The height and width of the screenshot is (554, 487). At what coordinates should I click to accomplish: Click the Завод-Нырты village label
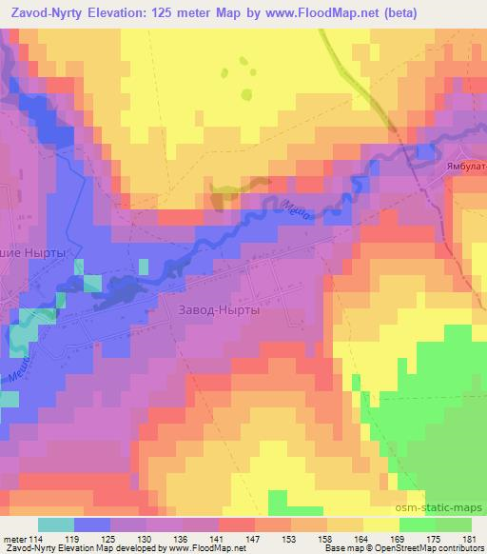tap(219, 309)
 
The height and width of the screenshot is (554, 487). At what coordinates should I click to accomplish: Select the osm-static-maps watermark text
tap(438, 508)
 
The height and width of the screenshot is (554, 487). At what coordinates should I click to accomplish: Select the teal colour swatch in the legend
tap(55, 524)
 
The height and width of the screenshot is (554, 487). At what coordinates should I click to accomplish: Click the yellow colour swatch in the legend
tap(381, 524)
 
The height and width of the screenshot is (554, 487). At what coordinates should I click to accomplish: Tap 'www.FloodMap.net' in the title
tap(315, 10)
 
